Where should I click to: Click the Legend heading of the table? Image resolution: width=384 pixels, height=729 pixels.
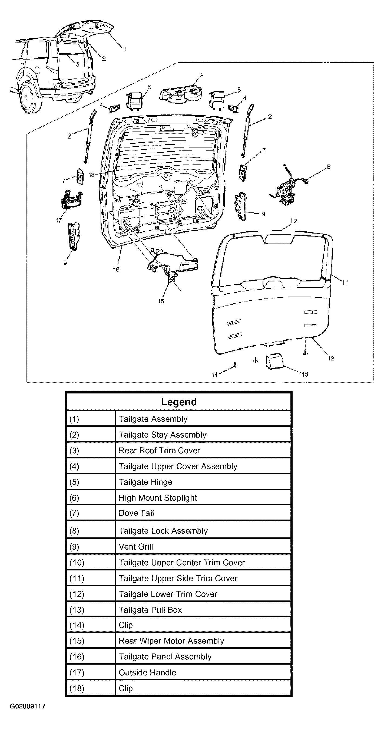pos(179,402)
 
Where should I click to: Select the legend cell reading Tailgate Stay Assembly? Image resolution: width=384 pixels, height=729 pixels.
pos(162,435)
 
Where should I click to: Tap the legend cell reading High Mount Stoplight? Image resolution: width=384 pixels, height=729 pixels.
pos(157,498)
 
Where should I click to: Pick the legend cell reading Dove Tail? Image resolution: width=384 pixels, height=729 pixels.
pos(136,513)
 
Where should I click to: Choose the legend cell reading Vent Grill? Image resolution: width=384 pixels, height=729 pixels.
pos(135,547)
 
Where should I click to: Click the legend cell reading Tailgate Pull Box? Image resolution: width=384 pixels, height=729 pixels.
pos(150,610)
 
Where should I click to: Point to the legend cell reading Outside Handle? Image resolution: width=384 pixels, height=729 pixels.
pos(147,672)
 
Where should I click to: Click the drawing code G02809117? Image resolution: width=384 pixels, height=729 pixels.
pos(27,706)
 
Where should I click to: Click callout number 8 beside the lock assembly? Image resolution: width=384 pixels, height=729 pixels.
pos(329,167)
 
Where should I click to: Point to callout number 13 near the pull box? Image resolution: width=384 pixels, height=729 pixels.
pos(305,375)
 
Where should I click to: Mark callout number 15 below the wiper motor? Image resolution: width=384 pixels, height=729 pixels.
pos(161,301)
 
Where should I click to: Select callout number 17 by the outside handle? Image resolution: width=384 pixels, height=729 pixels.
pos(58,220)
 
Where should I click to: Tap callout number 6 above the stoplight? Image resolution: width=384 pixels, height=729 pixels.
pos(202,74)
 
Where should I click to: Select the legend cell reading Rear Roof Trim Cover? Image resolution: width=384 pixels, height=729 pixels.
pos(159,451)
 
